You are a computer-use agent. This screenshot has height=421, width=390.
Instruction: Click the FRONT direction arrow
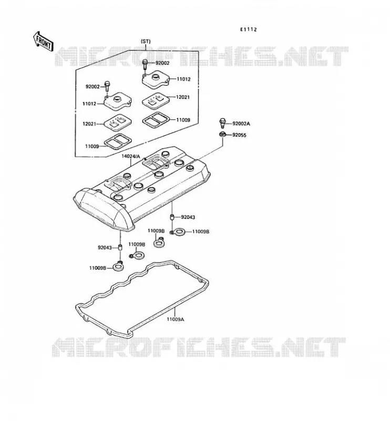(43, 42)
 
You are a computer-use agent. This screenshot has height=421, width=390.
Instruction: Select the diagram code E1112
(248, 29)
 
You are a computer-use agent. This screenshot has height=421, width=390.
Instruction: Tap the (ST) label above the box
(146, 42)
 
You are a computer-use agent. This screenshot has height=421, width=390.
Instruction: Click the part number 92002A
(241, 124)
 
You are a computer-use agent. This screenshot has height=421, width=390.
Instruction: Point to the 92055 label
(239, 135)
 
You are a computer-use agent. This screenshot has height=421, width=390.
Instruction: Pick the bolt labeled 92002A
(222, 123)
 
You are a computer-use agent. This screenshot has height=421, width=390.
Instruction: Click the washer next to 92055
(222, 134)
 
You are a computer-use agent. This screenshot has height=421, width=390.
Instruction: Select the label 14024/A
(131, 156)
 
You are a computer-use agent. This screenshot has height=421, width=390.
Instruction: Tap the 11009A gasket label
(176, 319)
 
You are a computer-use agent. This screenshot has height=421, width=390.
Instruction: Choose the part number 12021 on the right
(183, 97)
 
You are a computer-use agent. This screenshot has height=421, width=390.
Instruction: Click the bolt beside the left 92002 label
(107, 86)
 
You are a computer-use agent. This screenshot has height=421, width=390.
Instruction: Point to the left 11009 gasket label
(92, 146)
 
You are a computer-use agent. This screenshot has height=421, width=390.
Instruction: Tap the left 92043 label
(105, 247)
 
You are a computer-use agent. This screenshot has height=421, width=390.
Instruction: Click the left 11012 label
(89, 104)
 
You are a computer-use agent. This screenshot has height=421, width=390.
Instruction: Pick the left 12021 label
(89, 124)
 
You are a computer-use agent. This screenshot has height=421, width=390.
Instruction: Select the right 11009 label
(183, 120)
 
